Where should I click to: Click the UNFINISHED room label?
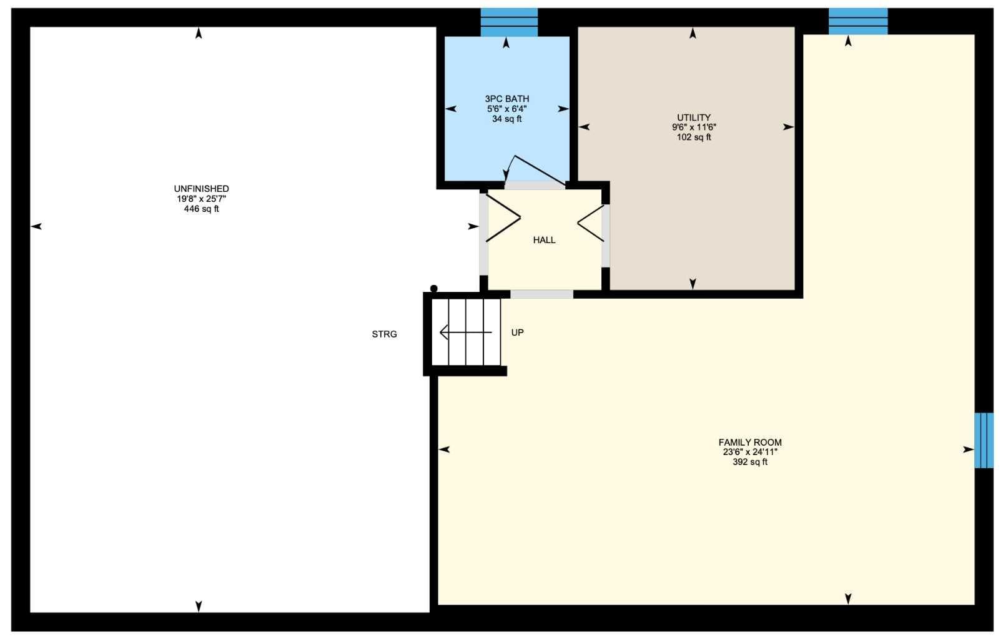click(x=202, y=189)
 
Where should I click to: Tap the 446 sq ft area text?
click(x=202, y=209)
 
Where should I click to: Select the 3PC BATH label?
click(x=507, y=99)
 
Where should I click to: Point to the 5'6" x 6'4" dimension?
click(x=507, y=109)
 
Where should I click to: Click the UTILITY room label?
click(x=694, y=117)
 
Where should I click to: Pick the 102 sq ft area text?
click(x=694, y=137)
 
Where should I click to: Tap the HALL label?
click(x=544, y=240)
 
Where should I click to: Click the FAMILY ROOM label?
click(x=750, y=442)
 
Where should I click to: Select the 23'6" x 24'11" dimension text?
click(x=750, y=452)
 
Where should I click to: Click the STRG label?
click(x=384, y=334)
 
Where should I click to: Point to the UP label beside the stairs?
click(x=518, y=332)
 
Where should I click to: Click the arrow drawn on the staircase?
click(x=466, y=332)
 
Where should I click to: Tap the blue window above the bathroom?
click(x=509, y=22)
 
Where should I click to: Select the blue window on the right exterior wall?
click(x=984, y=441)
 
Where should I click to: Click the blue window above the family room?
click(x=858, y=21)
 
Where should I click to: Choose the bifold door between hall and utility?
click(x=591, y=223)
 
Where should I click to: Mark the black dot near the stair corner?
click(x=433, y=289)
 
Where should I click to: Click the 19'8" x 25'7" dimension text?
click(x=202, y=199)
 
